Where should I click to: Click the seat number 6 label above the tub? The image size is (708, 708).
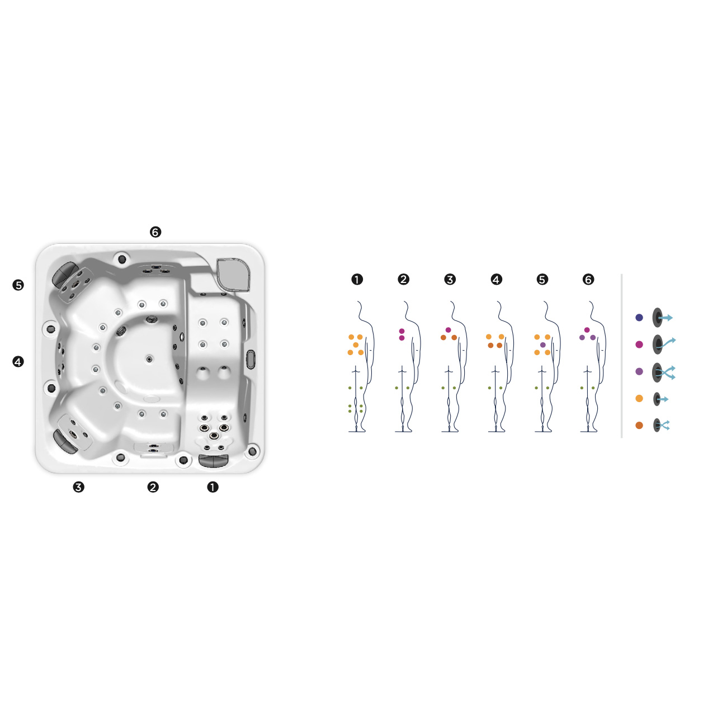tap(155, 232)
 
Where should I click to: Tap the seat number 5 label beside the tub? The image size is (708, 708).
tap(18, 285)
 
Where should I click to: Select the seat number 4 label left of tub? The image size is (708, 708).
tap(18, 361)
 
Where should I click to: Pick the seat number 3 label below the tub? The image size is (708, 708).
tap(78, 487)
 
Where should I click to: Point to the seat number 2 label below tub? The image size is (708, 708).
tap(153, 487)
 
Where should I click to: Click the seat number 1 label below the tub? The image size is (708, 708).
tap(213, 487)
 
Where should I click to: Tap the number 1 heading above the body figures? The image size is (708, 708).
tap(357, 279)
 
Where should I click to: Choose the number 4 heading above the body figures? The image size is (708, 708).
tap(496, 279)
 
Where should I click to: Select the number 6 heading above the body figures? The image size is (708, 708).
tap(588, 279)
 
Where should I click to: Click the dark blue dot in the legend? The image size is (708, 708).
tap(639, 318)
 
